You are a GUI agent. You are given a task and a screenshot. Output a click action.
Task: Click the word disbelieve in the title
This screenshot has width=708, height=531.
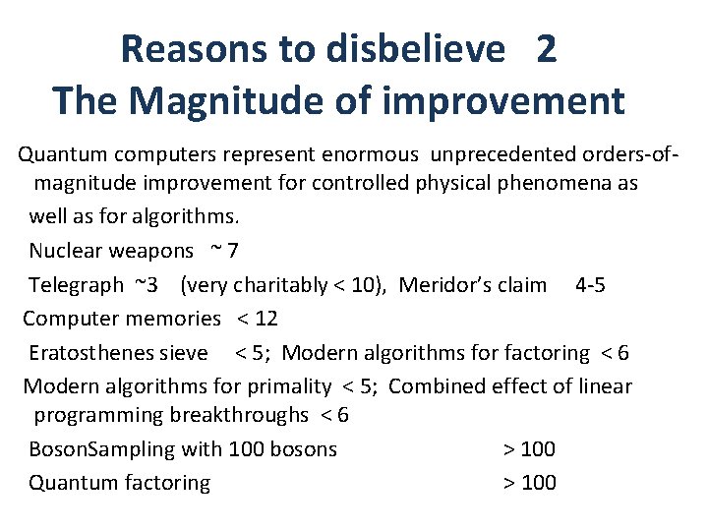pos(413,49)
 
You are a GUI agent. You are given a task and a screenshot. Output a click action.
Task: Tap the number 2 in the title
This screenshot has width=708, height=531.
pos(547,49)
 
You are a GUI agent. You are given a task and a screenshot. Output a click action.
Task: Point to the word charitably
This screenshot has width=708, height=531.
pos(285,285)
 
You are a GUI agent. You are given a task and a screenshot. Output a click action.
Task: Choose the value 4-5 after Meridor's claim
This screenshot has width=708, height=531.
pos(590,285)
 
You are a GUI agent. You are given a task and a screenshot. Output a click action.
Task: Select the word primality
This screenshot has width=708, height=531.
pos(285,385)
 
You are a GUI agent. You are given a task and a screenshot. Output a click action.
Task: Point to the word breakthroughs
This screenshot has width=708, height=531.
pos(239,415)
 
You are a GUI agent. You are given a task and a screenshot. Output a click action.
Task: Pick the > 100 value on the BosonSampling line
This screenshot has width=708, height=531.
pos(529,449)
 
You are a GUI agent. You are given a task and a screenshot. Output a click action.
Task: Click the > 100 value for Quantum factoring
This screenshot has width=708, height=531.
pos(529,483)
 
